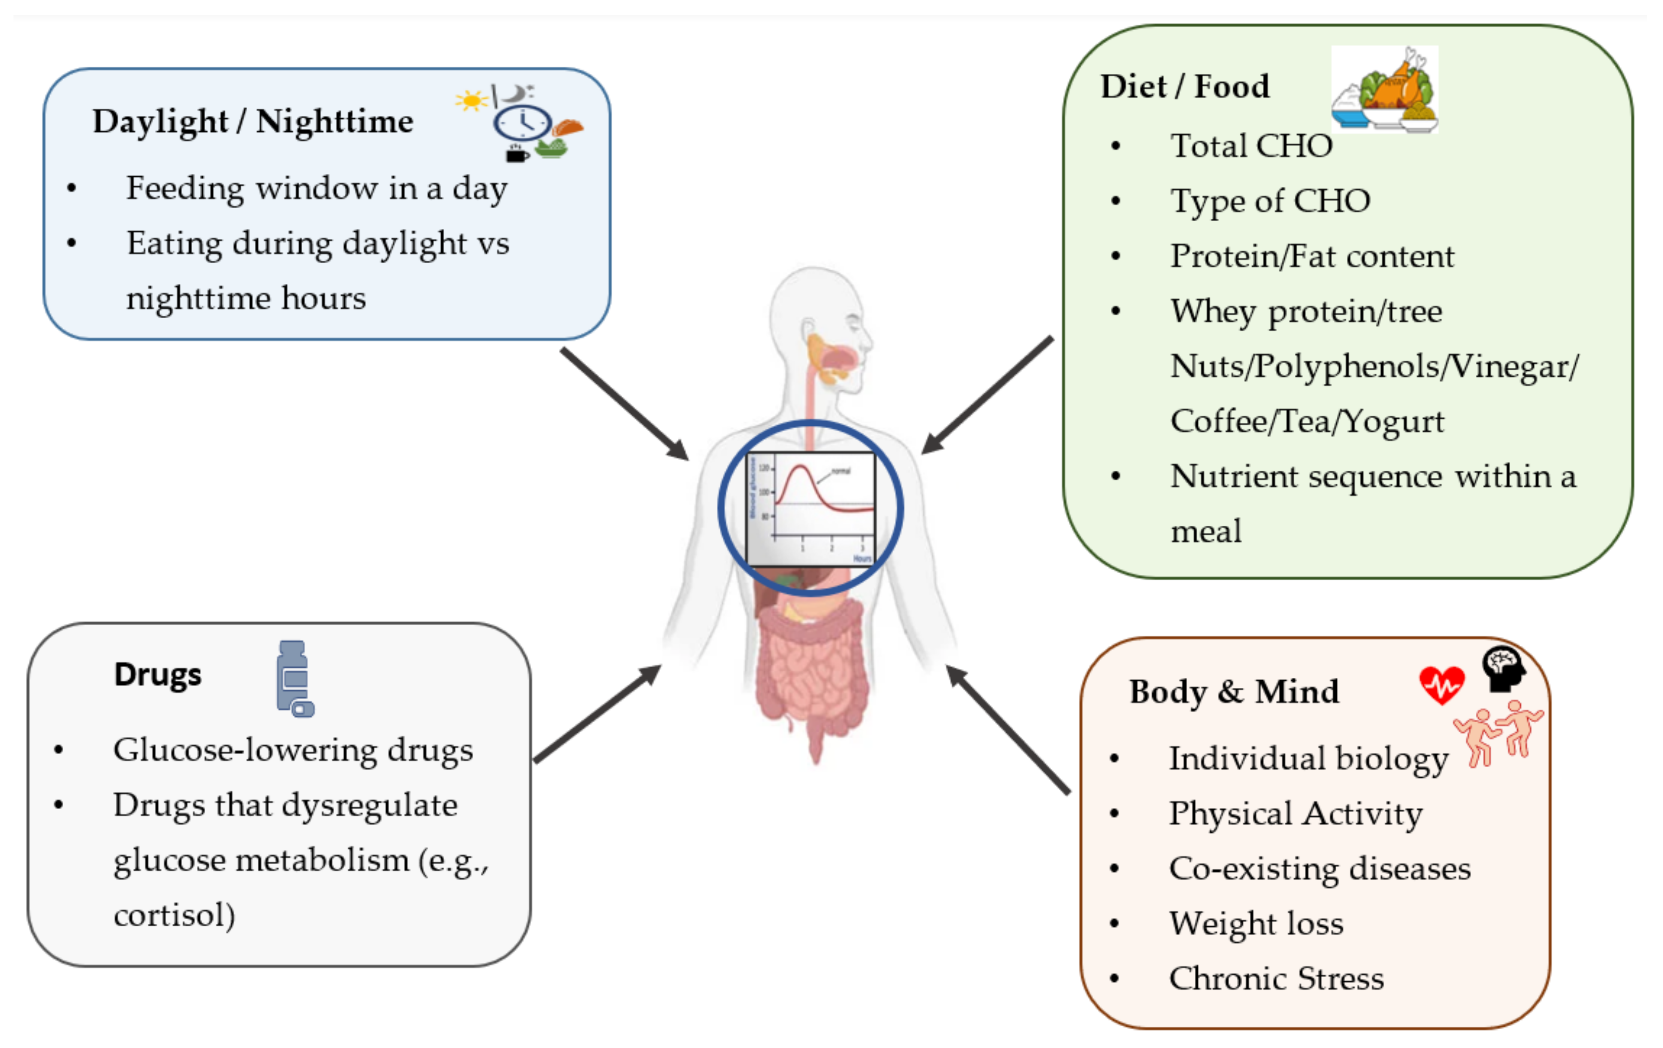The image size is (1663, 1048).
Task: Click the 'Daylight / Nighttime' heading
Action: (x=253, y=122)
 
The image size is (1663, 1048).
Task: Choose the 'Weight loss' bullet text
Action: (x=1255, y=923)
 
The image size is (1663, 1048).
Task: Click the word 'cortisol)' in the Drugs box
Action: (x=174, y=915)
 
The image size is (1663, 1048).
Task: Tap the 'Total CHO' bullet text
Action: (x=1251, y=146)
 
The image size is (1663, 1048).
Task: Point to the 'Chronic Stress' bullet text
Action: (x=1276, y=978)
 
